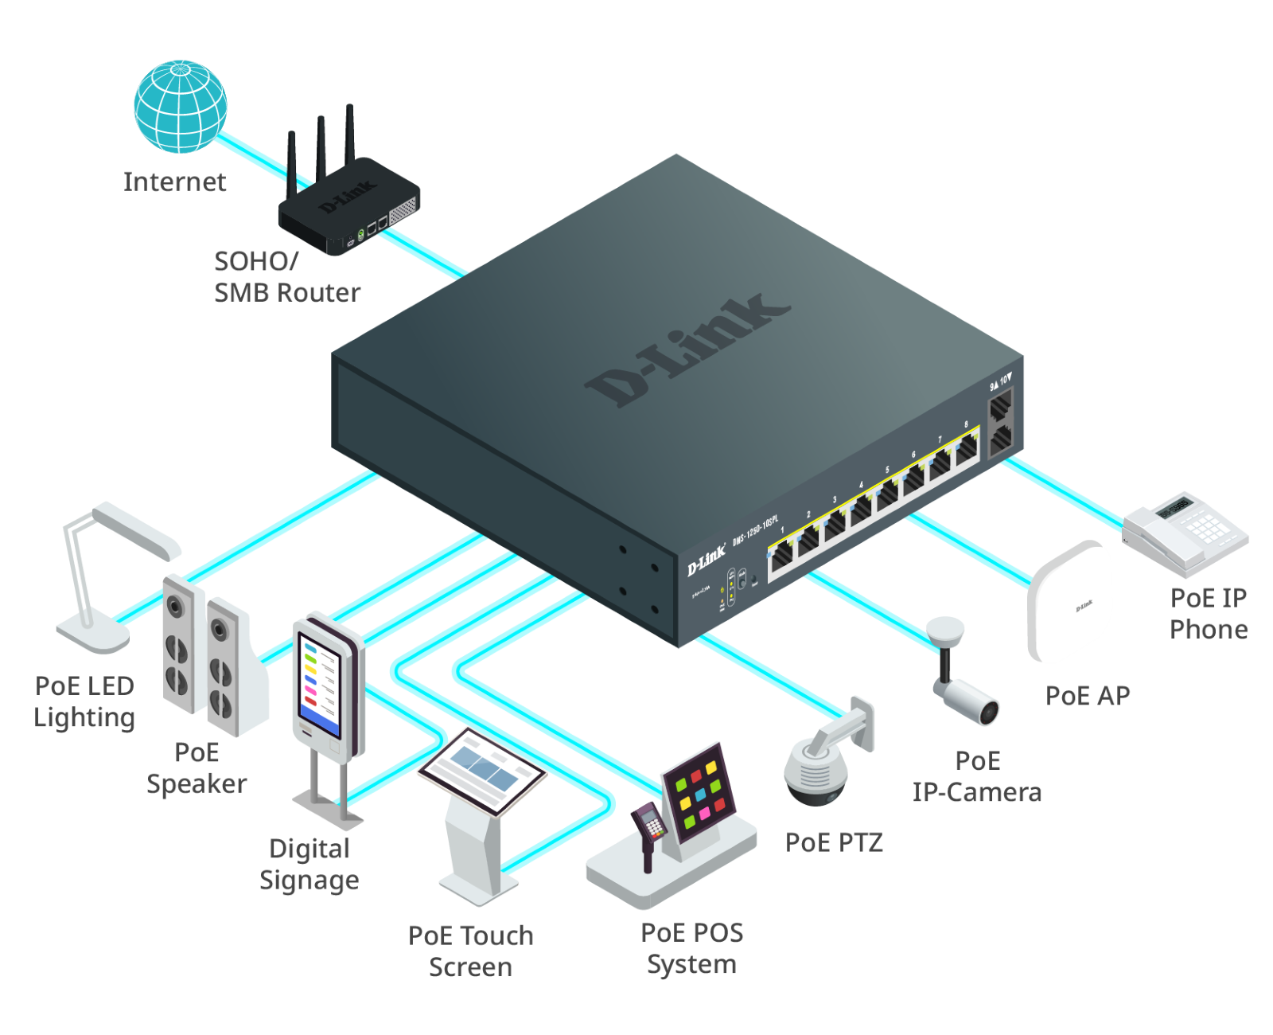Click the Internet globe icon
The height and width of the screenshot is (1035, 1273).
[181, 106]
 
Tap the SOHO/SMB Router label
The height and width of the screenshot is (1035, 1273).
[286, 277]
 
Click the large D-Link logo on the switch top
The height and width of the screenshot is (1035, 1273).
[687, 350]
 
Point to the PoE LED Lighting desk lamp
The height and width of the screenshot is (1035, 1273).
[111, 573]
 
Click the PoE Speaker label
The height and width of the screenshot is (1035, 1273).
[197, 768]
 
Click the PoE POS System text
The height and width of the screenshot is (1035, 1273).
[691, 948]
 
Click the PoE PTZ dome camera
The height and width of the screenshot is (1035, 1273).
[819, 764]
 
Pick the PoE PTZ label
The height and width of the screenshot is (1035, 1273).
[833, 842]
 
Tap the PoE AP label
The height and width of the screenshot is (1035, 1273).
[1088, 696]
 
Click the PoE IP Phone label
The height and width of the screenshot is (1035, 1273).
[1209, 614]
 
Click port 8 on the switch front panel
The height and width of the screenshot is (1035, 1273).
[966, 451]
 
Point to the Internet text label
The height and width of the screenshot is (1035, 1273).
[175, 182]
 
